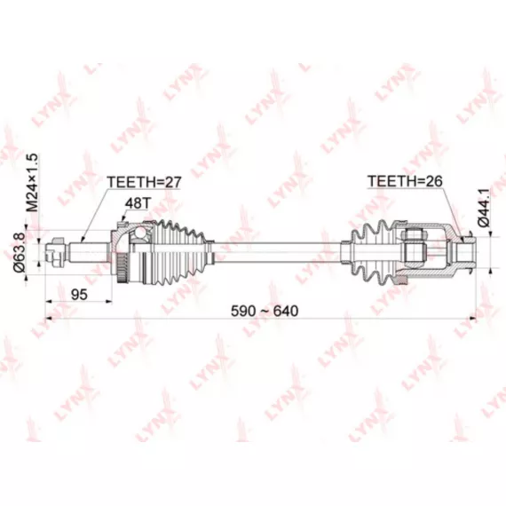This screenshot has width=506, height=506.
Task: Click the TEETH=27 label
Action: tap(144, 182)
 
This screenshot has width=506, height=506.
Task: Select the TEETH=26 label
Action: tap(405, 181)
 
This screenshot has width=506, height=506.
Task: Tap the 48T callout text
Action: tap(138, 203)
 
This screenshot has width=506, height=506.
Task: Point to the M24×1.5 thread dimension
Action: tap(33, 182)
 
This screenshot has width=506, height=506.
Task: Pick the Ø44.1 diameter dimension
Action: tap(484, 208)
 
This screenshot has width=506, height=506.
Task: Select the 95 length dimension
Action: tap(79, 295)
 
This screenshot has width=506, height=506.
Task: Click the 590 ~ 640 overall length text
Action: tap(265, 311)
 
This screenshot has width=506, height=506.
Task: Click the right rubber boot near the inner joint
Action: tap(372, 253)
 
